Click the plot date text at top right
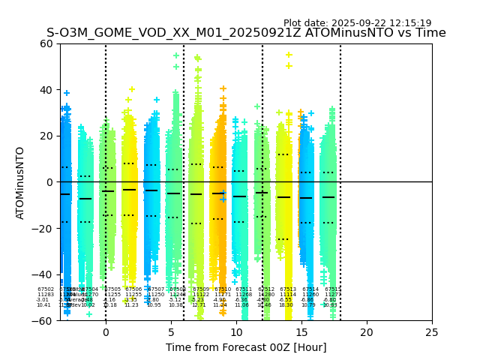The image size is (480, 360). pos(357,23)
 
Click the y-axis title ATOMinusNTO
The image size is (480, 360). pos(21,182)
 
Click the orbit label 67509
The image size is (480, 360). pos(201,289)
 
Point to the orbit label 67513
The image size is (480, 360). pos(288,289)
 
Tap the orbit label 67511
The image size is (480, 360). pos(244,289)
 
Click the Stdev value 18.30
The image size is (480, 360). pos(286,305)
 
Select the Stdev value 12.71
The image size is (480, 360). pos(198,305)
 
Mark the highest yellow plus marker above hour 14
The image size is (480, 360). pos(289,55)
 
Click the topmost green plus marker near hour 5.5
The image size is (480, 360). pos(176,55)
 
